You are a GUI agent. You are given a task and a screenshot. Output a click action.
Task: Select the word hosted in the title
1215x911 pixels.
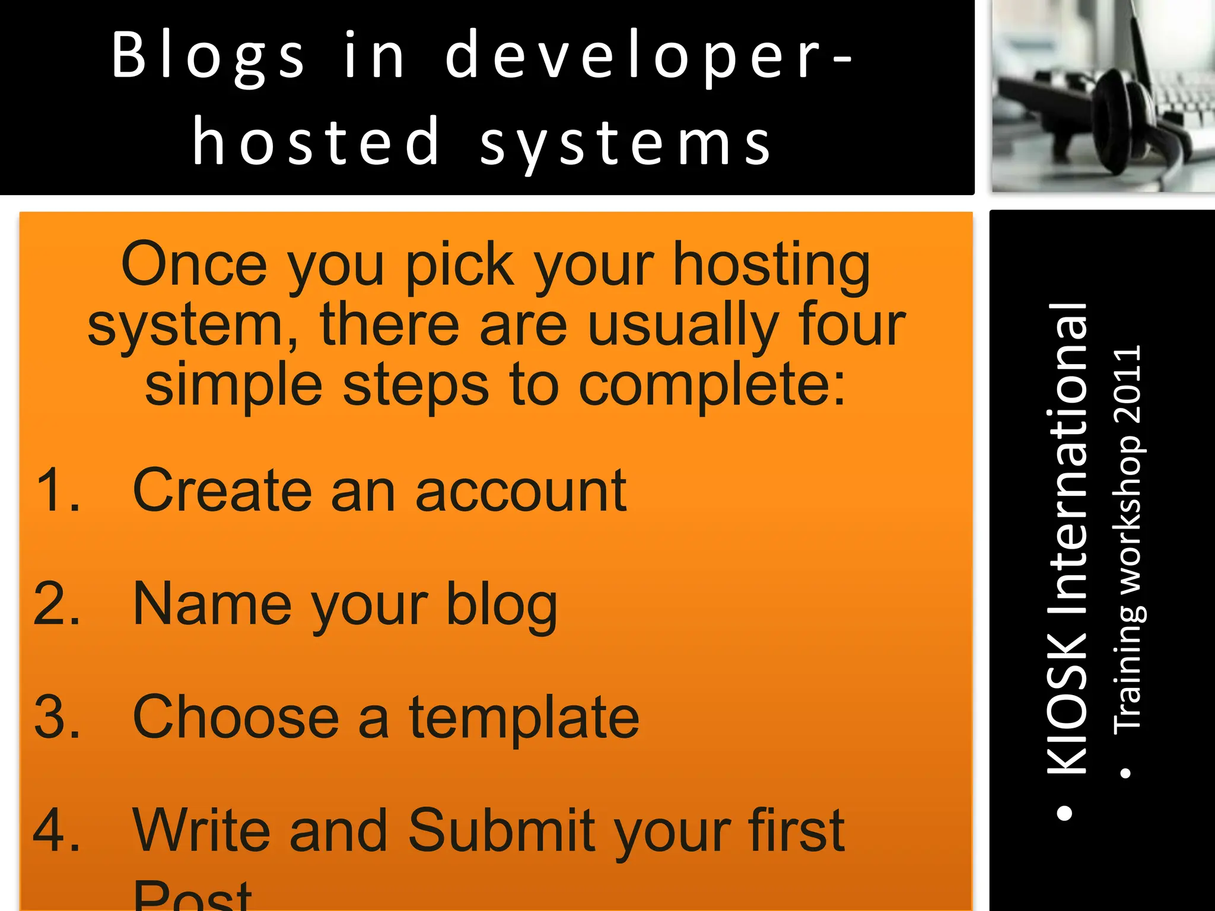[316, 142]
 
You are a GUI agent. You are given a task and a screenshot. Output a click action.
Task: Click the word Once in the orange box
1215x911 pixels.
[194, 265]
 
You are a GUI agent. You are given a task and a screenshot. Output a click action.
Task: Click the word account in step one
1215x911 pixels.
[521, 490]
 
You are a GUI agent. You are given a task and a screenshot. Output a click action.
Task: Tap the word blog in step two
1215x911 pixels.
[501, 605]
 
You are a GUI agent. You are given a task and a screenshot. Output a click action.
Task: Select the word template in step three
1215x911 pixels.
[524, 718]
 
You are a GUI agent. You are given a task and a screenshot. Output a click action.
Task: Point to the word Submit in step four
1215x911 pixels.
[501, 830]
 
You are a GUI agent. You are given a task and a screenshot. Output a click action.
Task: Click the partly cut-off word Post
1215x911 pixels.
[193, 896]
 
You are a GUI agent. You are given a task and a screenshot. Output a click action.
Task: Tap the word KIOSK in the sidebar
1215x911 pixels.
[1067, 703]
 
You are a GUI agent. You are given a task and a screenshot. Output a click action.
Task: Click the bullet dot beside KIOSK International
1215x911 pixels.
[1065, 813]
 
